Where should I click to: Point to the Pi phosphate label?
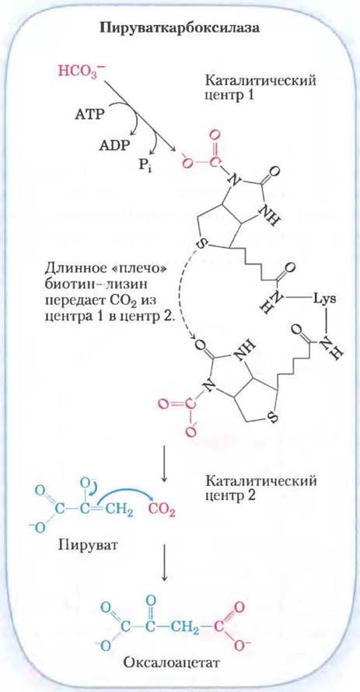click(x=145, y=168)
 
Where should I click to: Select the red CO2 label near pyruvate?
click(x=162, y=511)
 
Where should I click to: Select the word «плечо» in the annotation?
click(x=137, y=269)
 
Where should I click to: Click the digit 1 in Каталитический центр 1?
click(x=251, y=96)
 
